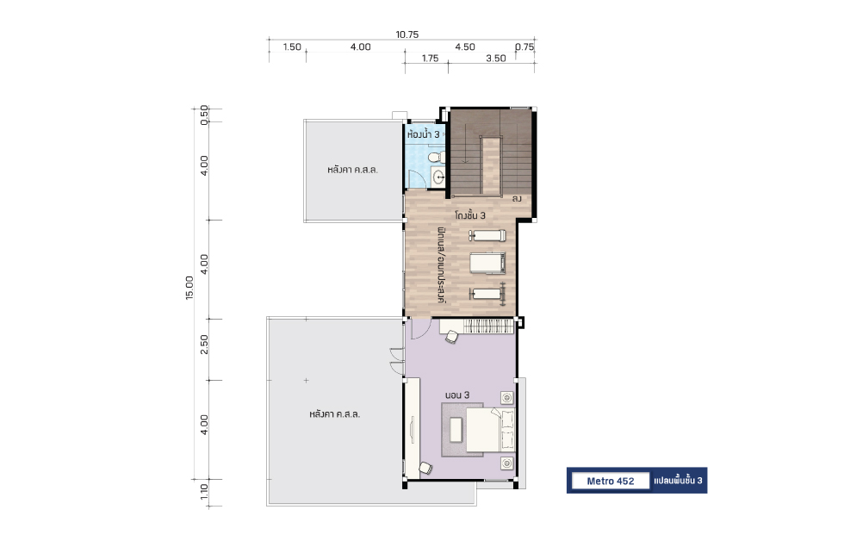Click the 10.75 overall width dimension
point(406,34)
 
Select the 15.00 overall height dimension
point(189,288)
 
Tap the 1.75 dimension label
point(430,59)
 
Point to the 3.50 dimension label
point(496,59)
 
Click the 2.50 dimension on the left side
point(204,345)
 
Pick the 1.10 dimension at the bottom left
point(204,491)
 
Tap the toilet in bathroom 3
point(434,157)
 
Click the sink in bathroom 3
point(438,177)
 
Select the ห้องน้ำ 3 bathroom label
point(423,134)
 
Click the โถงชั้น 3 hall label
point(470,215)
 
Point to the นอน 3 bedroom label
point(457,395)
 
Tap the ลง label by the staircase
point(517,199)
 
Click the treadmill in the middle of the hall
point(487,264)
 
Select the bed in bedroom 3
point(490,430)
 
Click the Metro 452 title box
point(611,481)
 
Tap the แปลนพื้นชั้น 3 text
point(678,481)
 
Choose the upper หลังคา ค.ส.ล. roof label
point(352,170)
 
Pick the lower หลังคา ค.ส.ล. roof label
point(335,414)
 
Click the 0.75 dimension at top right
point(524,47)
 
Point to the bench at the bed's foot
point(456,430)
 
